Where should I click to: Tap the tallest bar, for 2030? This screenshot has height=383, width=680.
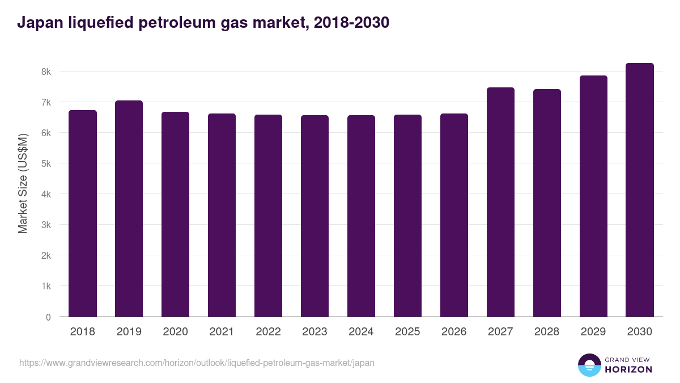[x=640, y=190]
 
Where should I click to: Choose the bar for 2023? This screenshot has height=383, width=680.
[x=314, y=216]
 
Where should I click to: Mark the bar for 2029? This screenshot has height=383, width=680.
[x=593, y=196]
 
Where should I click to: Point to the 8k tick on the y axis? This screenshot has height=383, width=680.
[x=46, y=72]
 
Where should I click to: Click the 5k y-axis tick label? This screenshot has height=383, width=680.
[x=46, y=164]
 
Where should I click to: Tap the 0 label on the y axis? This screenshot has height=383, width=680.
[x=48, y=317]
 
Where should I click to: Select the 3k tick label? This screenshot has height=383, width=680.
[x=46, y=225]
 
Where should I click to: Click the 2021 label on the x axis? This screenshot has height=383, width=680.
[x=222, y=332]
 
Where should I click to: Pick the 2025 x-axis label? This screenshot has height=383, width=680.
[x=407, y=332]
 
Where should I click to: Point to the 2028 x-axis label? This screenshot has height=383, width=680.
[x=547, y=332]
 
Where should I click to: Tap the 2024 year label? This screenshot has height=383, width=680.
[x=361, y=332]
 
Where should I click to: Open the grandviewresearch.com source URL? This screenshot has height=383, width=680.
[x=197, y=363]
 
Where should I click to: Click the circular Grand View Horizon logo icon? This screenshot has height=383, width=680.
[x=589, y=365]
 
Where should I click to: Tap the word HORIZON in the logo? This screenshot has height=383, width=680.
[x=628, y=369]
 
